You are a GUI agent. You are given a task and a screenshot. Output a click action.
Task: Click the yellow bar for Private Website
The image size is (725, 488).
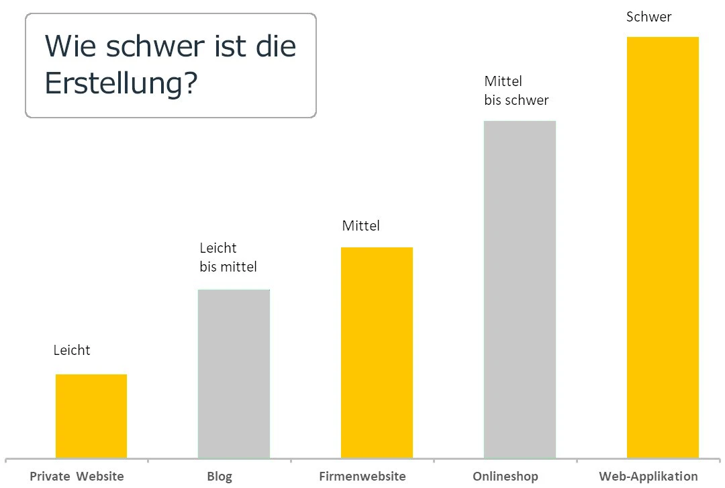click(91, 416)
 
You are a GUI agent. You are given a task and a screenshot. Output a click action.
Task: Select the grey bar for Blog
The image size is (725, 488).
click(234, 374)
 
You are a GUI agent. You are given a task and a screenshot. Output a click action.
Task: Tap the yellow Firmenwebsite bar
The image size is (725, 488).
click(377, 353)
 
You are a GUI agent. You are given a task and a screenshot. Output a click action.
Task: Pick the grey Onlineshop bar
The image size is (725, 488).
click(520, 290)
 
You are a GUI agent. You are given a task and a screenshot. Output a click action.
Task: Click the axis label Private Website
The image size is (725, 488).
click(77, 477)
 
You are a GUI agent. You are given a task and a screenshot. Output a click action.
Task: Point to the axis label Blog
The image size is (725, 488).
click(220, 477)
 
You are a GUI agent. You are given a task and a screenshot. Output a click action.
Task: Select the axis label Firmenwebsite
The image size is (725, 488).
click(362, 477)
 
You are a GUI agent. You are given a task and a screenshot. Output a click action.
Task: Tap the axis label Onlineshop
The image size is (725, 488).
click(505, 477)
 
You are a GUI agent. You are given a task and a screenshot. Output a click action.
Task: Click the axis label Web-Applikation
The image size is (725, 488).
click(648, 477)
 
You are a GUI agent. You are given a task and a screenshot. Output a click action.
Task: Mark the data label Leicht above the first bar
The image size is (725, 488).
click(72, 350)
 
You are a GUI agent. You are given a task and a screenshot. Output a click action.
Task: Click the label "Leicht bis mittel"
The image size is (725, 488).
click(228, 257)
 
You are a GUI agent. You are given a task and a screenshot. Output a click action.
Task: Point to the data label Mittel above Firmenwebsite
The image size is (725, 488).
click(360, 226)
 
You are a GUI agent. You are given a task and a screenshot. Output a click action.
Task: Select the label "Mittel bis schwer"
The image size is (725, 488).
click(516, 91)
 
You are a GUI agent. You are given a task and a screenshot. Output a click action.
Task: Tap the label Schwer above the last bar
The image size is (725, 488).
click(648, 17)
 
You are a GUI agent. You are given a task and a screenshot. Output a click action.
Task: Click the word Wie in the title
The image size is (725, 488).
click(66, 47)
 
